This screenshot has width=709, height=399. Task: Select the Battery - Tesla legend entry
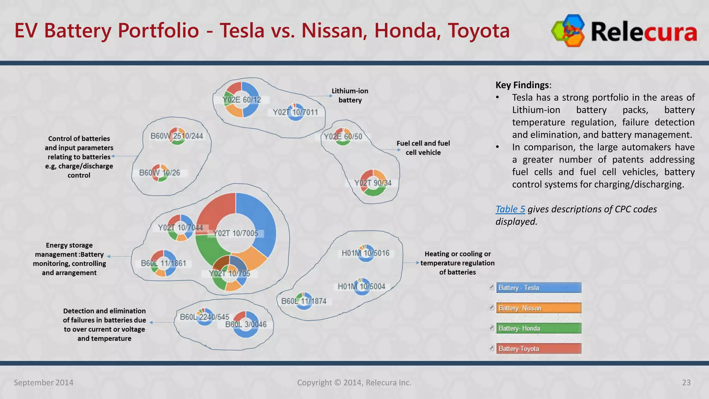coord(538,288)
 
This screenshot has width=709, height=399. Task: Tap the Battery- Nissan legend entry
coord(538,308)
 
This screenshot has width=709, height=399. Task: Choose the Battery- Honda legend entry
coord(538,328)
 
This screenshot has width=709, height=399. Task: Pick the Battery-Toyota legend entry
coord(538,349)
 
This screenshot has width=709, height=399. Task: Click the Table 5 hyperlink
coord(510,209)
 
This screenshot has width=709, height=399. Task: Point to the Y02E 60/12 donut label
coord(242,100)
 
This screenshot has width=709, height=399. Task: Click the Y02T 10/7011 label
coord(295,112)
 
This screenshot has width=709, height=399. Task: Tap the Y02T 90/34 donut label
coord(373,183)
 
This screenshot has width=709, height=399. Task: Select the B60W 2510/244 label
coord(177,136)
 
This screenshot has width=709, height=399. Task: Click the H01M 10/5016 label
coord(366,253)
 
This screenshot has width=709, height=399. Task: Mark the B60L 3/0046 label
coord(246,325)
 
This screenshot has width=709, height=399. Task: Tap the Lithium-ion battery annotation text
coord(350,95)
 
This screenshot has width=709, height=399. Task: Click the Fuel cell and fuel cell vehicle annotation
coord(423,148)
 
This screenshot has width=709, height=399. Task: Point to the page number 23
coord(686,382)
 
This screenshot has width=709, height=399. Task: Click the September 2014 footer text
coord(44,382)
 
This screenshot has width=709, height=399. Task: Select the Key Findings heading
coord(522,85)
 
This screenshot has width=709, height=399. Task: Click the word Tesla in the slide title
coord(242,30)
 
